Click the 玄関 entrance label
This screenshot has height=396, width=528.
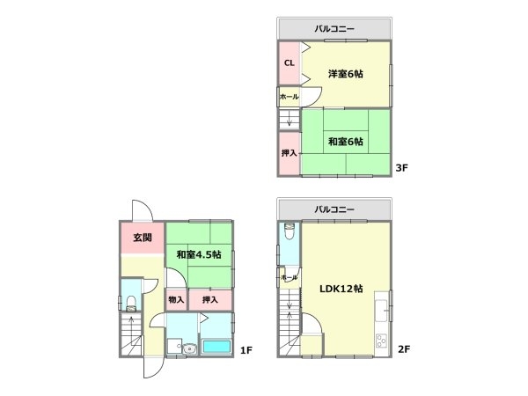point(143,238)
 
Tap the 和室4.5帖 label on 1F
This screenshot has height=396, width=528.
point(199,255)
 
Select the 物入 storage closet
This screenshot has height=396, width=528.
point(175,300)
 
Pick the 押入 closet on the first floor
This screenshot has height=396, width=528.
point(209,300)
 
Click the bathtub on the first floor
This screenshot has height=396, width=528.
point(216,346)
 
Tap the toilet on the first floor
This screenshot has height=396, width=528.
point(130,304)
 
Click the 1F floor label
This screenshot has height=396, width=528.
point(246,351)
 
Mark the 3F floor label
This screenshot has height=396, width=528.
point(402,167)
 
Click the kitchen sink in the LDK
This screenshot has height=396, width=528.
point(381,310)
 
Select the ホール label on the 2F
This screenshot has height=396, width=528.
point(289,278)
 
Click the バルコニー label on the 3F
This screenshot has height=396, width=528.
point(334,29)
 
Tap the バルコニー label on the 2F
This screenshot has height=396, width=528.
point(334,209)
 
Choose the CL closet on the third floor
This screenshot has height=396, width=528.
point(289,63)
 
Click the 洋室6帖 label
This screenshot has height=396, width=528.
point(347,74)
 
